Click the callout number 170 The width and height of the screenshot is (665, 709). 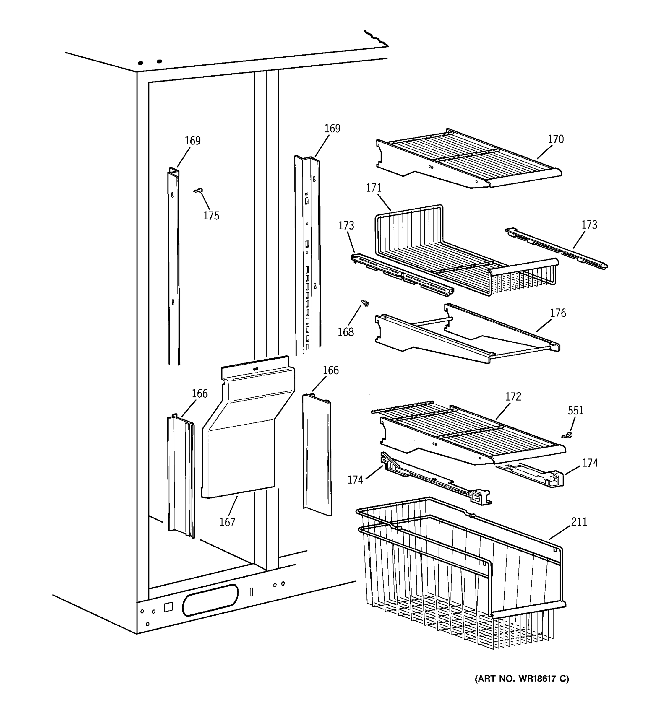555,139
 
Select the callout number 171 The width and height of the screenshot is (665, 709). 374,188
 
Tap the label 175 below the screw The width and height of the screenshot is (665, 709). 211,216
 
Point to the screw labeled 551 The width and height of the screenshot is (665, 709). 567,435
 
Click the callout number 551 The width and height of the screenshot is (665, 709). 575,411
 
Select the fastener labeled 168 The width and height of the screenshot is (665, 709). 365,303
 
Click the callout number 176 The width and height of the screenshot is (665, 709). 558,313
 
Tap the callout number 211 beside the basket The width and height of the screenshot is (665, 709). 579,522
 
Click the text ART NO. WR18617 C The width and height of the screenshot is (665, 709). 522,678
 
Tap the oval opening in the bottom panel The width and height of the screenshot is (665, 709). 210,600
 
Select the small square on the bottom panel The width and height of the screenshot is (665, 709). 168,607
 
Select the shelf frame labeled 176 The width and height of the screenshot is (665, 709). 464,339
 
